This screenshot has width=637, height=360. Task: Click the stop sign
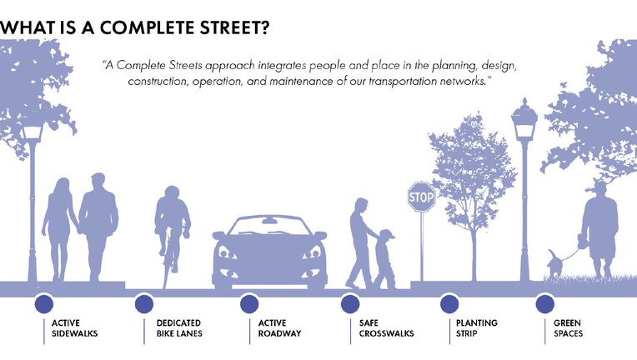421,197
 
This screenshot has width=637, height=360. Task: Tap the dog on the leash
554,264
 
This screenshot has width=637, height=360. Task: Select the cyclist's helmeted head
173,192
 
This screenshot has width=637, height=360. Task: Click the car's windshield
269,226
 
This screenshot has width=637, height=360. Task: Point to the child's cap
386,234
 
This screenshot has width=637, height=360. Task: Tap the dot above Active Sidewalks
44,304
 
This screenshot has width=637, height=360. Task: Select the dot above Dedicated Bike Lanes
143,304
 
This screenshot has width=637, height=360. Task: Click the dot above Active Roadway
249,304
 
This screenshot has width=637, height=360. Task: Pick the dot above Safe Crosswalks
350,304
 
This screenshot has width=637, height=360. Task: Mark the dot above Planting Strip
449,304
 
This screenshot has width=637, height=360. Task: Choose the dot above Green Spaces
544,304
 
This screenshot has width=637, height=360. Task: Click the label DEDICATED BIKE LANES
179,328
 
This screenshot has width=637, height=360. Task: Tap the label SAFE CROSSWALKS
386,328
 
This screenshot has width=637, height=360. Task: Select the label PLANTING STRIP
477,328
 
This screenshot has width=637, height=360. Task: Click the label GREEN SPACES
568,328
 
